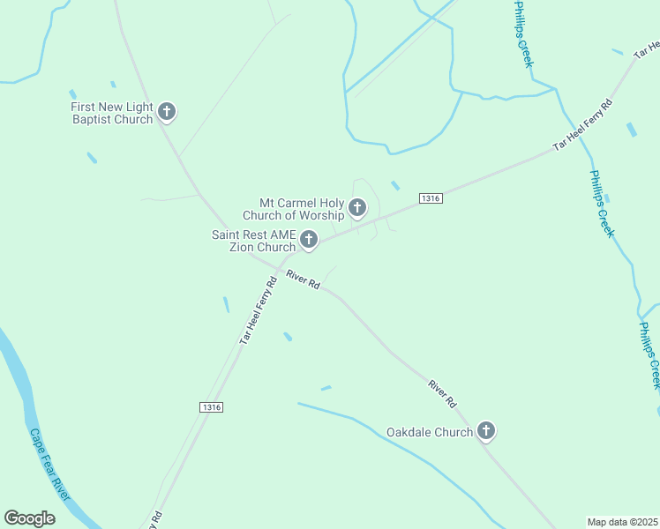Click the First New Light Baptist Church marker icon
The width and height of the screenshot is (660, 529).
coord(167,112)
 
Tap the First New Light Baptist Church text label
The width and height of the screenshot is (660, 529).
coord(112,113)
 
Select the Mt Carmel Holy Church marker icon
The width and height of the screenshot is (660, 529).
coord(357,208)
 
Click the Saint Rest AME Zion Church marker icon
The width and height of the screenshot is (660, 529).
coord(309,239)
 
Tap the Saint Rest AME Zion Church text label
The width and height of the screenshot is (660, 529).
coord(253,241)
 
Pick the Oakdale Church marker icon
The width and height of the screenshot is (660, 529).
coord(485,431)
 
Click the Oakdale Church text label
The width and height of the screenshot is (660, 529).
coord(430,433)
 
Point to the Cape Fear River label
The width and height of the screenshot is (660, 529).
coord(50,465)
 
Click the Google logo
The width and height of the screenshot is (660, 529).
coord(29,518)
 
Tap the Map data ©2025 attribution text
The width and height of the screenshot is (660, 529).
coord(623,522)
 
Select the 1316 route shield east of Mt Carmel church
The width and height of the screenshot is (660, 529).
coord(431,198)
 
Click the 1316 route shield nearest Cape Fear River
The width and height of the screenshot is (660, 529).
coord(210,406)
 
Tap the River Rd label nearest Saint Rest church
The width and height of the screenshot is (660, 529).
coord(303,280)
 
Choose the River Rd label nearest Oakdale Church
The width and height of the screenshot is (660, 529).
coord(443,392)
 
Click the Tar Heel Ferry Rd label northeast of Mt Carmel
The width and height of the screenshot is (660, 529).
coord(582,125)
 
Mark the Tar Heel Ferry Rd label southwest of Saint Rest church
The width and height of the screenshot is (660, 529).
coord(260,308)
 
